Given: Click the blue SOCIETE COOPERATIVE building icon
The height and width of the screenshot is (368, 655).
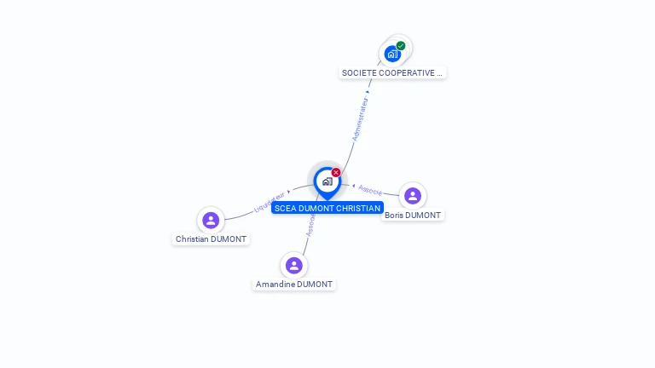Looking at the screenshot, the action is tap(392, 54).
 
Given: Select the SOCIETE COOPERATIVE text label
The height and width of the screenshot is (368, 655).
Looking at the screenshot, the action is tap(392, 73).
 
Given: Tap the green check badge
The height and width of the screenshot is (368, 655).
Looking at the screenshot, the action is tap(401, 46).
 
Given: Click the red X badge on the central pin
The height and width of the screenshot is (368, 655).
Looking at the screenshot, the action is tap(336, 173).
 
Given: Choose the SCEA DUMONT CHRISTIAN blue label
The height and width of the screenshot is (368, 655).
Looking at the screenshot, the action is tap(327, 208).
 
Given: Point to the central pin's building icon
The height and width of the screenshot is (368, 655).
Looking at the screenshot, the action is tap(327, 181).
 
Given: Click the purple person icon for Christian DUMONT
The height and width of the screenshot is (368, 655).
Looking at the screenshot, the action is tap(211, 220).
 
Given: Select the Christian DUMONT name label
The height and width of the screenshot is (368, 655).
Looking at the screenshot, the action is tap(211, 239).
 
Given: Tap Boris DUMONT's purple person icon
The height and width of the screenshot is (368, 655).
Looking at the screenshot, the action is tap(413, 196).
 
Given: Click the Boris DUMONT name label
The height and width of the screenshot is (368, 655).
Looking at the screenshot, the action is tap(413, 216).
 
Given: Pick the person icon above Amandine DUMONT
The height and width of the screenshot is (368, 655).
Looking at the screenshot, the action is tap(294, 265).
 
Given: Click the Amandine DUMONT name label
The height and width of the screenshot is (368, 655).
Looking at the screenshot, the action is tap(294, 285).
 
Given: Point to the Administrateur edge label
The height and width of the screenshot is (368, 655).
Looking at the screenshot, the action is tap(362, 120).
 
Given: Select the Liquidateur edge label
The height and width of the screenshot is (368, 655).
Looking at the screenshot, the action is tap(270, 202).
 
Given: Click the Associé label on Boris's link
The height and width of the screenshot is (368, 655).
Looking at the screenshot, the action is tap(370, 189).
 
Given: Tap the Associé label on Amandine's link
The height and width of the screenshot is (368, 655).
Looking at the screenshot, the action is tap(310, 224).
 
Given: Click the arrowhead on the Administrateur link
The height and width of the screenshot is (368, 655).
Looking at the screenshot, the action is tap(368, 91).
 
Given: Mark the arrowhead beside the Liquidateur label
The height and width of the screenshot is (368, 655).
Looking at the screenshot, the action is tap(289, 192).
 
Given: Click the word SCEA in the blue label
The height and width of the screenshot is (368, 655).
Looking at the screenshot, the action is tap(285, 208).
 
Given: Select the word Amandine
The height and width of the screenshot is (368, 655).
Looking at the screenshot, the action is tap(275, 285).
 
